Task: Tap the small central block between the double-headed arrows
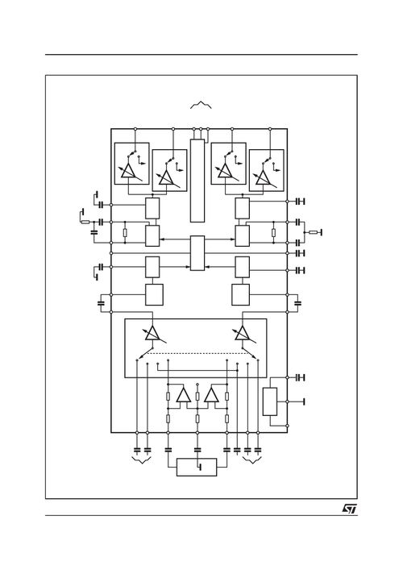click(x=197, y=253)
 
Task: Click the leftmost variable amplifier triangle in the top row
click(x=127, y=172)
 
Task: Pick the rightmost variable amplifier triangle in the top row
click(x=264, y=177)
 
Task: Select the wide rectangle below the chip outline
click(x=197, y=467)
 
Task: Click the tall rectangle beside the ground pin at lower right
click(x=272, y=401)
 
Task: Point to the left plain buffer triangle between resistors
click(x=183, y=395)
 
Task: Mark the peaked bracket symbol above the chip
click(x=199, y=103)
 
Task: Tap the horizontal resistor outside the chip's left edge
click(x=85, y=221)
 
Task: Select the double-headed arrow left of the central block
click(x=175, y=239)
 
